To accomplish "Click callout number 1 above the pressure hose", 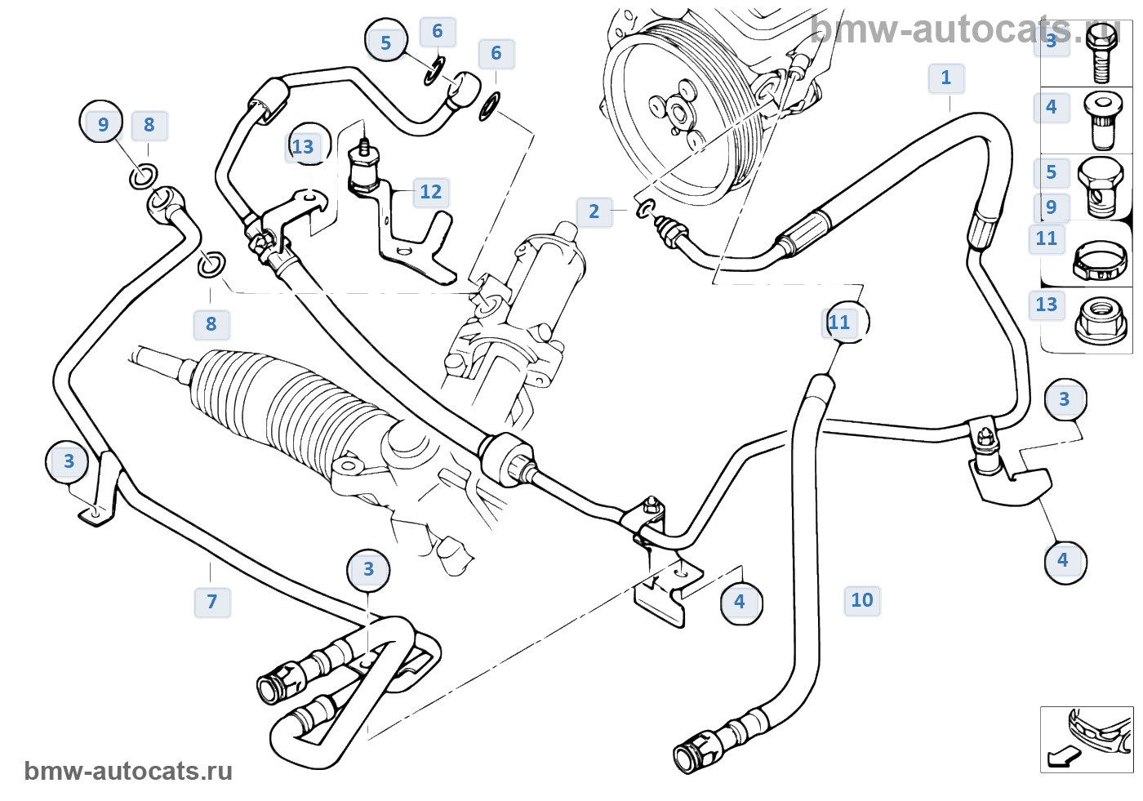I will point(946,78).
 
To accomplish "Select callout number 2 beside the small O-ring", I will point(594,211).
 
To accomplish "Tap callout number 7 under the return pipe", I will point(212,603).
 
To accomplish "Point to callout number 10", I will point(862,601).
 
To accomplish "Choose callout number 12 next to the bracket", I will point(430,193).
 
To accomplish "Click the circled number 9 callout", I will point(102,123).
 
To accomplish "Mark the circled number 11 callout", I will point(841,323).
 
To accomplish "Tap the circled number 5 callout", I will point(385,42).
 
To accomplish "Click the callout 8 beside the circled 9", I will point(149,125).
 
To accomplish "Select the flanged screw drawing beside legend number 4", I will point(1100,119).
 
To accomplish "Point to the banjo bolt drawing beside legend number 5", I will point(1101,187).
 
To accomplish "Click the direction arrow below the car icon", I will point(1061,757).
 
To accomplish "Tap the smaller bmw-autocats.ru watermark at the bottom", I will point(128,772).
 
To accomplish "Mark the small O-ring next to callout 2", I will point(645,209).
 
